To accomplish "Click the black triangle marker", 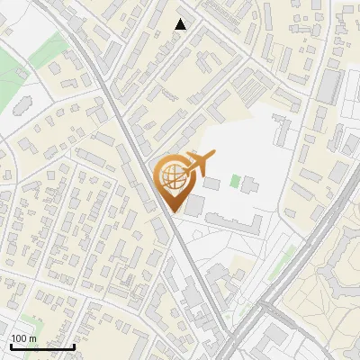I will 181,24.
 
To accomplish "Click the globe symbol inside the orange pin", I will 172,175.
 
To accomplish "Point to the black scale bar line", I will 42,346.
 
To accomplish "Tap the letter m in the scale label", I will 33,338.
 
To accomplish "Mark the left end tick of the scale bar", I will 11,345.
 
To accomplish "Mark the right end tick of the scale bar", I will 74,345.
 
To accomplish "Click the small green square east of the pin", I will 235,181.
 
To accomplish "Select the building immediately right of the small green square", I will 248,185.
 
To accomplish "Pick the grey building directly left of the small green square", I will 212,183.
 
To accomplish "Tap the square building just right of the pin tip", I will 194,207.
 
